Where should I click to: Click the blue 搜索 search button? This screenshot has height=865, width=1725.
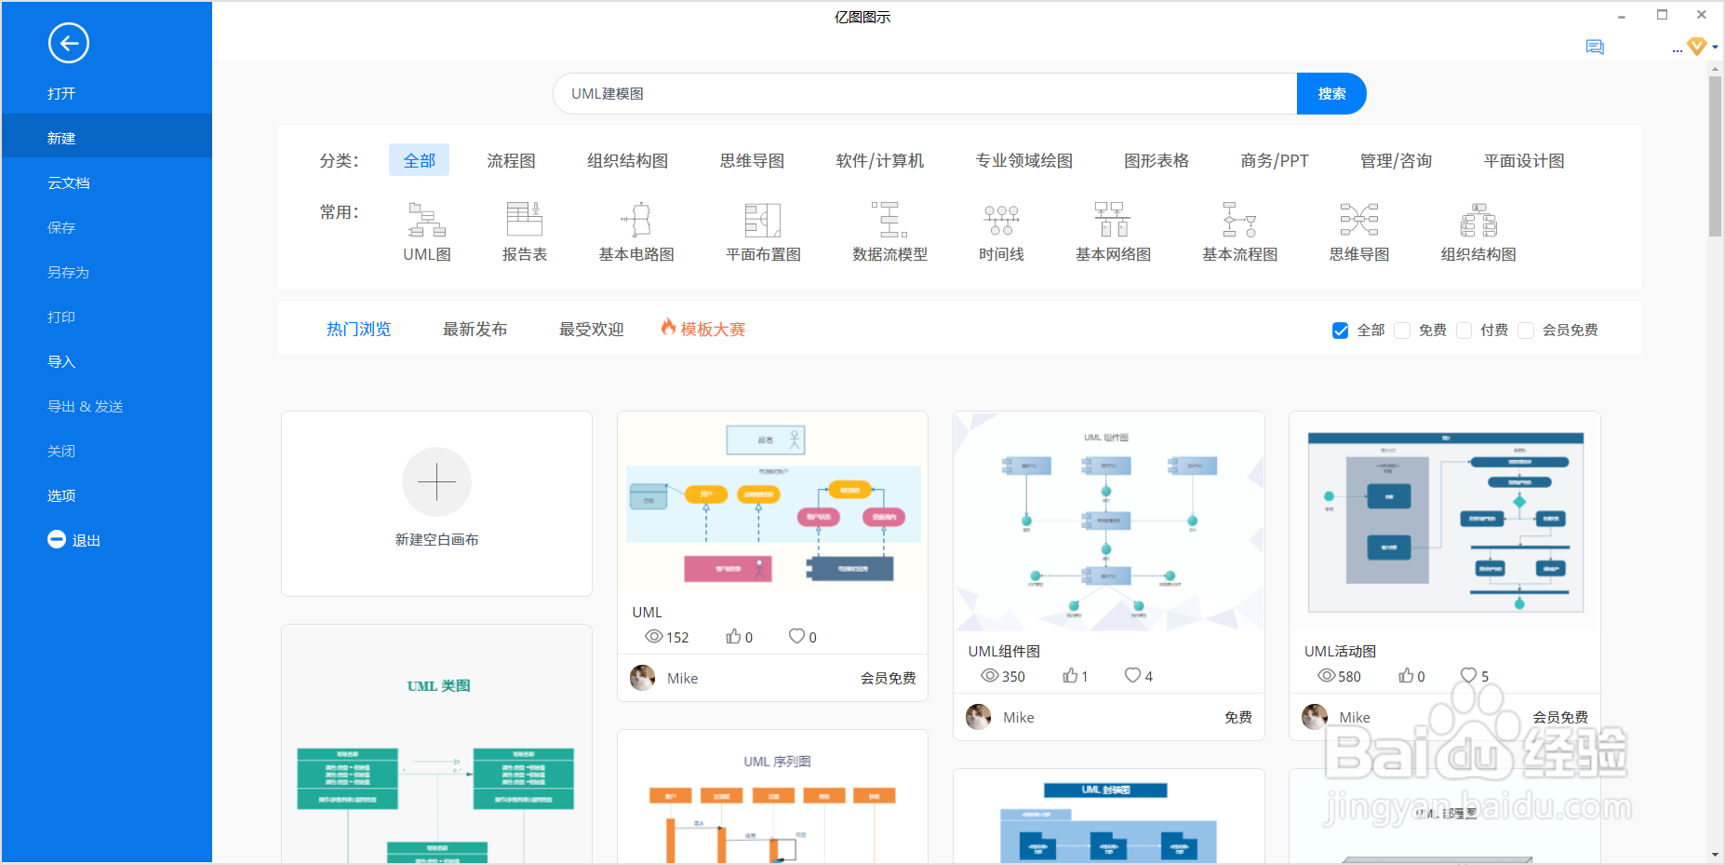pos(1331,94)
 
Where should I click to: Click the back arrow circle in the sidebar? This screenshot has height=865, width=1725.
pos(69,43)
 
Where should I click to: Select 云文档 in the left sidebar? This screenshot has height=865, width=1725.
pos(69,183)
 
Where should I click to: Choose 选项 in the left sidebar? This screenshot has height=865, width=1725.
pos(61,496)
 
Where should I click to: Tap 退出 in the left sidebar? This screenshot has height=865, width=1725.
pos(74,540)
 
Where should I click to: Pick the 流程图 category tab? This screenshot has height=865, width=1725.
pos(511,161)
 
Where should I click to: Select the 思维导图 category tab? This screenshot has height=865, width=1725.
pos(752,161)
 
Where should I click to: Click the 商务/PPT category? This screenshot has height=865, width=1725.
pos(1274,161)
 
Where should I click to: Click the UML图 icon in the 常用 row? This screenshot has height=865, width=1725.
pos(427,221)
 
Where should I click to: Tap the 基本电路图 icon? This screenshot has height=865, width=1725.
pos(636,221)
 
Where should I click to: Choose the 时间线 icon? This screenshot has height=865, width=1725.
pos(1001,221)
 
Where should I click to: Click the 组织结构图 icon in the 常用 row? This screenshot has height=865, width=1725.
pos(1478,221)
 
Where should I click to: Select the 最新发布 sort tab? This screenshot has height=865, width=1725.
pos(475,330)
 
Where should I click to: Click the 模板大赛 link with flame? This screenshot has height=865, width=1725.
pos(703,329)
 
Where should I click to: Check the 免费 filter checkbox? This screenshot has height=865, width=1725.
pos(1402,331)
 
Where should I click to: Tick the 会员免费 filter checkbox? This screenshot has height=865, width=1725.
pos(1526,331)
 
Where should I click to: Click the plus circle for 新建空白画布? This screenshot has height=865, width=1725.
pos(436,482)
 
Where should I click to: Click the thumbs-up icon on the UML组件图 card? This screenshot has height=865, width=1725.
pos(1070,676)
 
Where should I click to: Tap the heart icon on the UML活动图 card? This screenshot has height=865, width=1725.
pos(1468,675)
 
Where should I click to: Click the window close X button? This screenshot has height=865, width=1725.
pos(1701,15)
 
